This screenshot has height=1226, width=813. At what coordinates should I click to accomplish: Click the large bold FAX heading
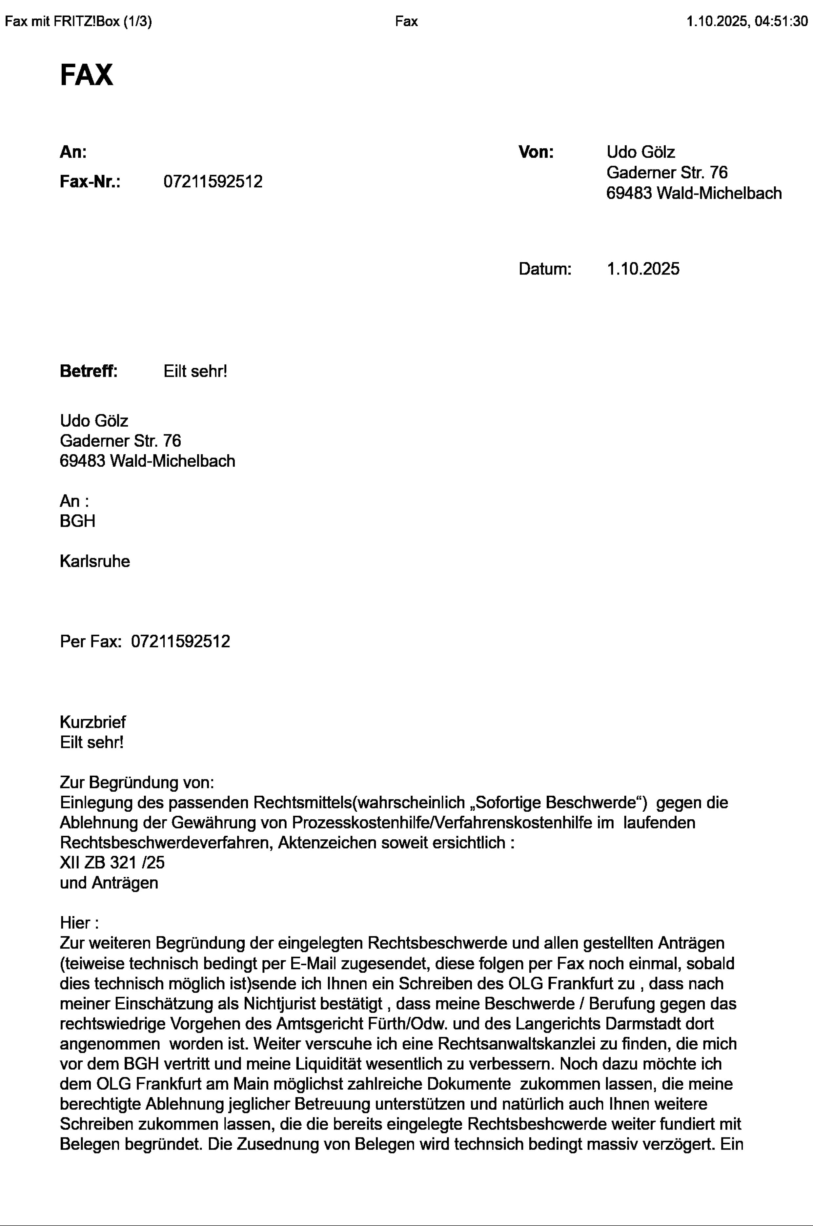tap(86, 75)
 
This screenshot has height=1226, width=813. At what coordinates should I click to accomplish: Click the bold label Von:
tap(536, 152)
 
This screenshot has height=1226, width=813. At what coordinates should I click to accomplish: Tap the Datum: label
tap(544, 269)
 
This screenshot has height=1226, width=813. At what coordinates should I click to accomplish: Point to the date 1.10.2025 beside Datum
tap(642, 269)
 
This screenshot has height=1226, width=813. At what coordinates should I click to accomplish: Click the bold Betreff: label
tap(89, 371)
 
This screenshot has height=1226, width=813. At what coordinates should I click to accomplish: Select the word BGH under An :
tap(77, 521)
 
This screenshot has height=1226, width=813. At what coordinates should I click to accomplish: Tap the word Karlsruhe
tap(94, 561)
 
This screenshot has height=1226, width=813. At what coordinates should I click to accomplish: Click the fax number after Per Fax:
tap(180, 641)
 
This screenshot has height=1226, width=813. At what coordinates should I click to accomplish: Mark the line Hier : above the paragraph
tap(79, 923)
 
